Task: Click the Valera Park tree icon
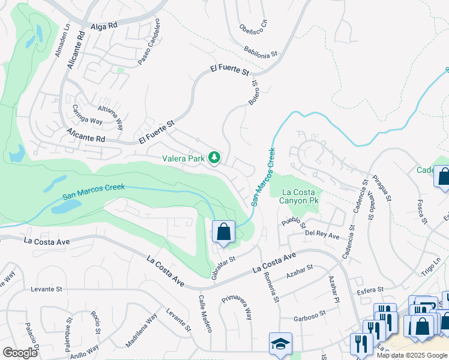point(214,158)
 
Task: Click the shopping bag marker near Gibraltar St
point(223,232)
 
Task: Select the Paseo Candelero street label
point(149,42)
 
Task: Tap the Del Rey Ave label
point(322,234)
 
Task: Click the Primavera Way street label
point(237,306)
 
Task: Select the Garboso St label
point(310,313)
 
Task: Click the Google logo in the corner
point(20,352)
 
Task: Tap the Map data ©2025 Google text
point(412,355)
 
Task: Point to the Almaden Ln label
point(59,41)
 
